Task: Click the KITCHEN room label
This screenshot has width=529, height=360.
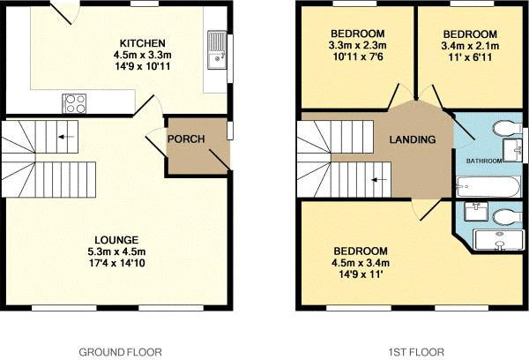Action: coord(141,43)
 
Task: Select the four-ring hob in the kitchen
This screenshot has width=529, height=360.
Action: coord(73,102)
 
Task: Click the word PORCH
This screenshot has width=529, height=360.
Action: coord(186,139)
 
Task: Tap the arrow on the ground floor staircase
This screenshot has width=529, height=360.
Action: coord(63,137)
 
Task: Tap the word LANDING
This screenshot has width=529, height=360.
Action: coord(413,139)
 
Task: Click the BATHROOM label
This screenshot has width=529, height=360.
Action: coord(484,161)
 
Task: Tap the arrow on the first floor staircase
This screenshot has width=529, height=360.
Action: coord(377,179)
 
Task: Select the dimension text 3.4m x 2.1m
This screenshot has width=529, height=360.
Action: coord(470,45)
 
